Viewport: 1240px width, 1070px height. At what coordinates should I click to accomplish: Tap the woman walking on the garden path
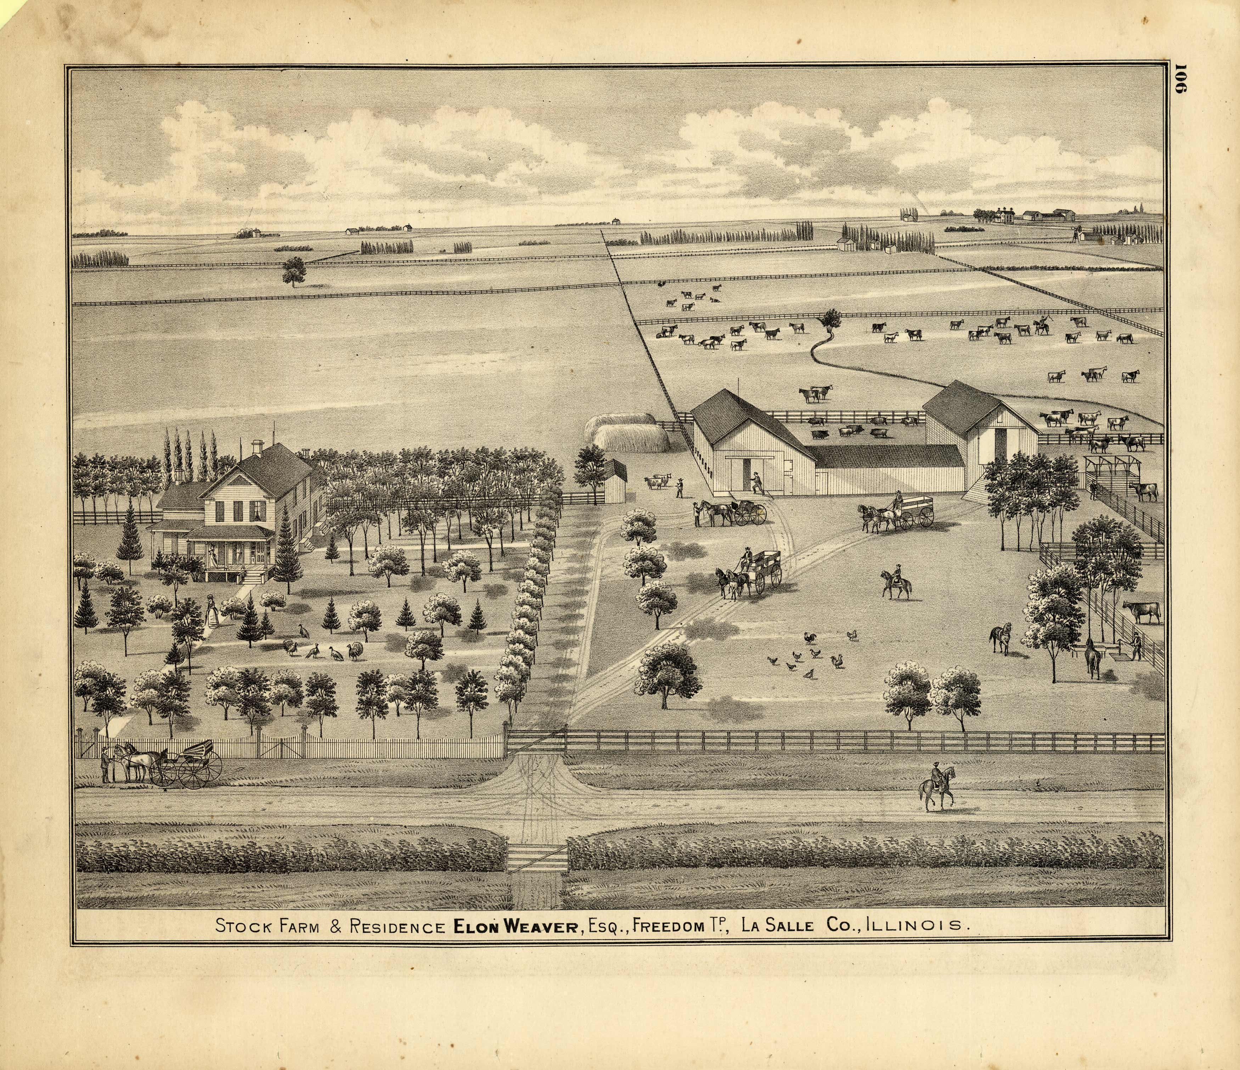point(211,611)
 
